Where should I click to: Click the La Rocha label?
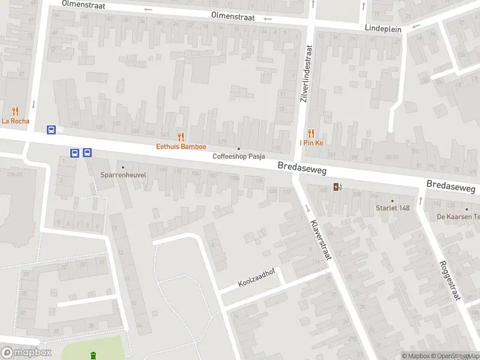(14, 121)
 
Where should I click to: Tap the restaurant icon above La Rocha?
(15, 110)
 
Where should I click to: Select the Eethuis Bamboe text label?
(181, 146)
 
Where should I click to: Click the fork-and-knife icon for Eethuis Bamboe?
(181, 136)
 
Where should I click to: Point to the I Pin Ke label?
(311, 143)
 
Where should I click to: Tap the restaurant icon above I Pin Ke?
(311, 133)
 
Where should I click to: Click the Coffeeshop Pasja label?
(239, 157)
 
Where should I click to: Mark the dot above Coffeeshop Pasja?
(239, 148)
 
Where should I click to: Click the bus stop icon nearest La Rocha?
(52, 129)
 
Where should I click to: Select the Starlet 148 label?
(392, 208)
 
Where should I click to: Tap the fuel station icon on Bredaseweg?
(338, 187)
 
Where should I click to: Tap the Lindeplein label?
(383, 28)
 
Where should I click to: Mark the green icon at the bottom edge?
(93, 356)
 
